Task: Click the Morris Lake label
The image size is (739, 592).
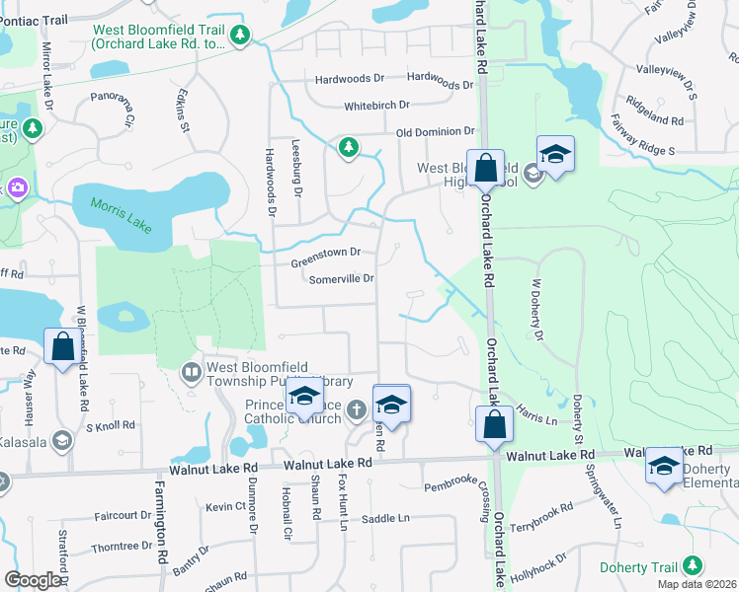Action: pos(122,214)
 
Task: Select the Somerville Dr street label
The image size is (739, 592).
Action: pos(341,279)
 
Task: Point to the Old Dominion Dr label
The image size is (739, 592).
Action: pos(436,132)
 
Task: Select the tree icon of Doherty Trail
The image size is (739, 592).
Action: pos(694,566)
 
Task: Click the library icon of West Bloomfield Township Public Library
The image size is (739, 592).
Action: pos(192,373)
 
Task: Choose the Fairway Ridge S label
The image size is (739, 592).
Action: pos(642,151)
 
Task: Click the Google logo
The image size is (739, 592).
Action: pos(33,580)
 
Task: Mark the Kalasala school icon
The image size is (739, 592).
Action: pos(62,440)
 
